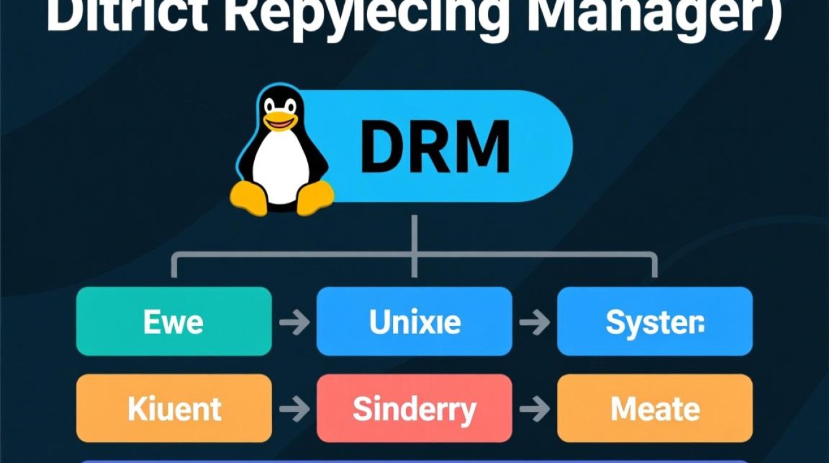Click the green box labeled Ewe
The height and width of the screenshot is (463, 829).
point(173,321)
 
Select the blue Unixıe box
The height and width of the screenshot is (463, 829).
point(414,321)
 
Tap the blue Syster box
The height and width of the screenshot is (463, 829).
point(654,321)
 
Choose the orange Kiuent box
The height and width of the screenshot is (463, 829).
point(173,408)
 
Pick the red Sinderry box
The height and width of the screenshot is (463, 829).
point(414,408)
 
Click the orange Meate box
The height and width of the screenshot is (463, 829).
point(654,408)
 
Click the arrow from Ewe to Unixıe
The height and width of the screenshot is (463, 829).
point(294,322)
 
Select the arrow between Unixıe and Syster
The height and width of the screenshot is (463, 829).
point(535,322)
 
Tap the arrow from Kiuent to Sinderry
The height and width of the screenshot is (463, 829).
point(294,409)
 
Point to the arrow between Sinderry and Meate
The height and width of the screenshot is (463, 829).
point(535,409)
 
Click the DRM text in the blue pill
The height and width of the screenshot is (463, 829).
point(435,146)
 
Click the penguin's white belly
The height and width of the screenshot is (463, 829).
point(281,164)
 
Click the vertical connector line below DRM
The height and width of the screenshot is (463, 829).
point(414,235)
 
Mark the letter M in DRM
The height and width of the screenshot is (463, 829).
point(481,146)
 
